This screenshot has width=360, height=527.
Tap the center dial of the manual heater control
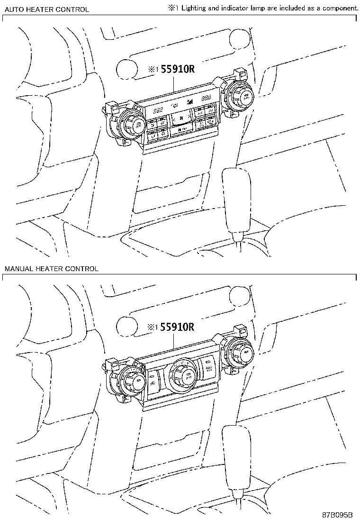(183, 374)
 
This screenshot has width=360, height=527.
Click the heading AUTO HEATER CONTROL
(46, 9)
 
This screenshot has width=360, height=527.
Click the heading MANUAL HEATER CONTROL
(51, 269)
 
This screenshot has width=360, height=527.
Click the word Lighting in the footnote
(195, 8)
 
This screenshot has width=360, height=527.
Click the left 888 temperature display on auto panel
(158, 109)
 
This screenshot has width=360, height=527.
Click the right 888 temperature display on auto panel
(206, 98)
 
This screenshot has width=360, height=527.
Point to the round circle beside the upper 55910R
(126, 70)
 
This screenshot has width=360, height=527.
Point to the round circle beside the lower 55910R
(126, 327)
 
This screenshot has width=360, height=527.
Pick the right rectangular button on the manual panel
(209, 367)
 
